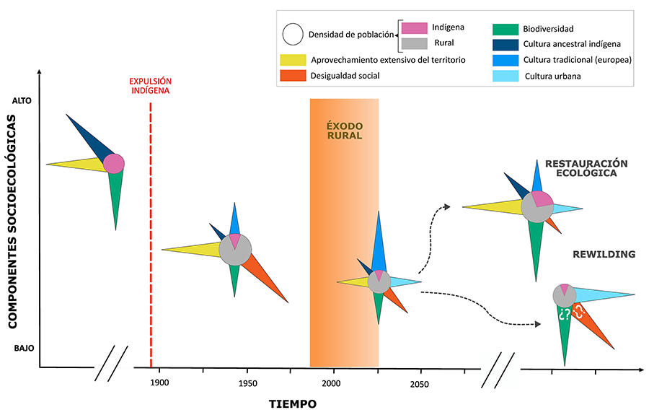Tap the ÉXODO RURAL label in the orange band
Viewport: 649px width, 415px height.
[x=344, y=129]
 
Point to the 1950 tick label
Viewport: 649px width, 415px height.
[x=247, y=383]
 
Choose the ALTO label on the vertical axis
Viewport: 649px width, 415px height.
[x=22, y=101]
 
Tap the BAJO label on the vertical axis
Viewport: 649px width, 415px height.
[x=22, y=348]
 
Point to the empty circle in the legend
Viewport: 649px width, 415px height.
[x=293, y=34]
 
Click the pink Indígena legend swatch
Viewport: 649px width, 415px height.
[x=415, y=28]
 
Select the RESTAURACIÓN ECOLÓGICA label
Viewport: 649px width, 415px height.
[x=586, y=168]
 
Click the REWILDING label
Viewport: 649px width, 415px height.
[x=604, y=255]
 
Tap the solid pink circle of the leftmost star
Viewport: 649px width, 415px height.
[x=113, y=164]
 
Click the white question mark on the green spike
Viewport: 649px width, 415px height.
[x=563, y=314]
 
